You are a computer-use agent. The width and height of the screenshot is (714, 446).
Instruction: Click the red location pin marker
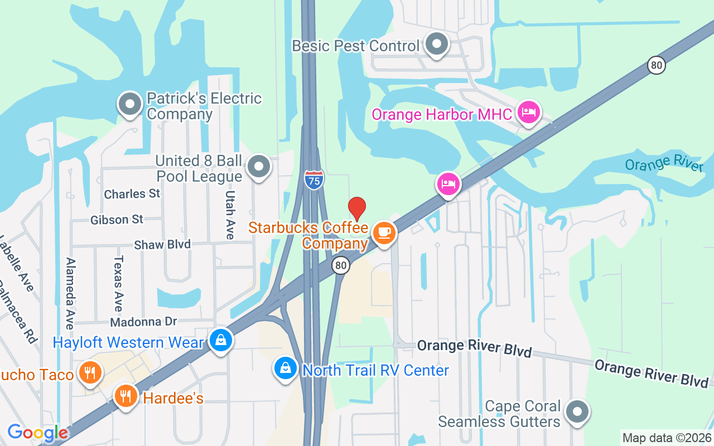357,209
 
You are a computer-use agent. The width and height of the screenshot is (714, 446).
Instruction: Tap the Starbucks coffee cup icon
384,232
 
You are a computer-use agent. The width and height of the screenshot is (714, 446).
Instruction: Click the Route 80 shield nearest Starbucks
340,265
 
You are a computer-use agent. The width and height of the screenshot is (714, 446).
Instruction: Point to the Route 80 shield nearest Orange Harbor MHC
657,65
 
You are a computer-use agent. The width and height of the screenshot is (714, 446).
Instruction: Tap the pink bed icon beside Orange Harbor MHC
528,113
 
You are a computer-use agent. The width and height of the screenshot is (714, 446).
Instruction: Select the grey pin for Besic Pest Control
437,43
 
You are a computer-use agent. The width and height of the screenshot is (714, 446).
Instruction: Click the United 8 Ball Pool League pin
259,167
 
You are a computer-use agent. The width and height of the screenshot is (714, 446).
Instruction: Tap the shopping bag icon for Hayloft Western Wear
221,340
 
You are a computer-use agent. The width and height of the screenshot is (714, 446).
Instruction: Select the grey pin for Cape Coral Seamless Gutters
577,413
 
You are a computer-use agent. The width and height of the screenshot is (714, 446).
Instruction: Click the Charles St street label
132,194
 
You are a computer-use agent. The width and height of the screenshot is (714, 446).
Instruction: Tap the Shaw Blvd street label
162,245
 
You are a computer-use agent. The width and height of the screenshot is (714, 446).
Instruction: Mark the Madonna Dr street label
143,322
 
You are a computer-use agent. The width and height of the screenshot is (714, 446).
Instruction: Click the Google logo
37,433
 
